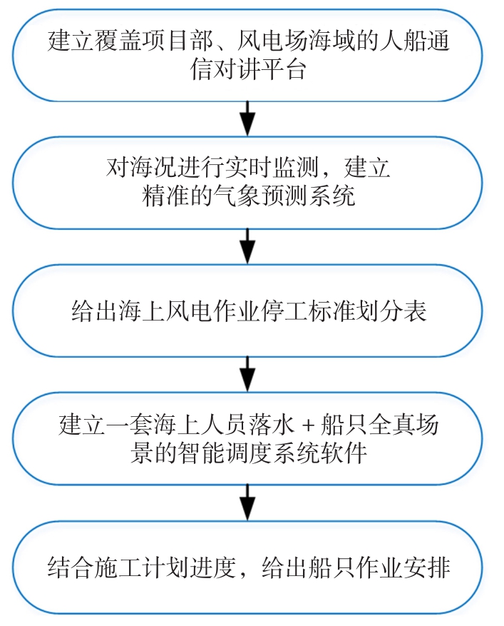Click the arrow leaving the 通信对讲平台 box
click(x=247, y=118)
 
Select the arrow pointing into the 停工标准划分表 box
click(x=247, y=246)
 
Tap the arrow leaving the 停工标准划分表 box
click(x=247, y=374)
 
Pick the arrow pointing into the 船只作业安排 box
click(x=247, y=503)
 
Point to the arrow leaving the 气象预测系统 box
click(x=247, y=246)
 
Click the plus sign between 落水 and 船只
click(x=308, y=425)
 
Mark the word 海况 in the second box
click(x=142, y=167)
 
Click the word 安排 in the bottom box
click(x=427, y=567)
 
